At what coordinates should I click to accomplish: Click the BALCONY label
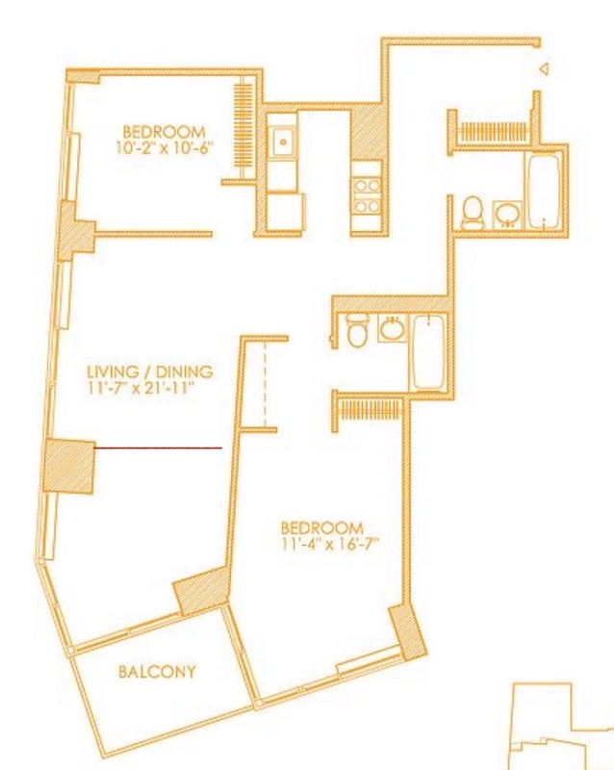click(x=157, y=671)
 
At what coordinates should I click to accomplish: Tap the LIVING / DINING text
click(x=150, y=372)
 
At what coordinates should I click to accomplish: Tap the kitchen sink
click(x=283, y=141)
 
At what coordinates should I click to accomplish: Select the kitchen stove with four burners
click(x=367, y=195)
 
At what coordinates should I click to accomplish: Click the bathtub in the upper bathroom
click(x=544, y=191)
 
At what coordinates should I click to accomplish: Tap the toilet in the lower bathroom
click(x=356, y=330)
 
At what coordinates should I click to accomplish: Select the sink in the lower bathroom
click(x=393, y=329)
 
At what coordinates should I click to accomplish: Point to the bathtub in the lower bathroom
click(x=428, y=352)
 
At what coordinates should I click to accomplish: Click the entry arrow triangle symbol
click(x=544, y=69)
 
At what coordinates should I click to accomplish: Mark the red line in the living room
click(x=158, y=448)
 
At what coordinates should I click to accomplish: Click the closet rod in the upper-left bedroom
click(x=243, y=128)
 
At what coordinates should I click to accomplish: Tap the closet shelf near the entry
click(x=492, y=132)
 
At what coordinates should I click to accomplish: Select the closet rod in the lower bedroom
click(x=371, y=409)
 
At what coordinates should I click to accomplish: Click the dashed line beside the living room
click(x=266, y=384)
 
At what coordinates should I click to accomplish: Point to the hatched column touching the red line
click(x=68, y=466)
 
